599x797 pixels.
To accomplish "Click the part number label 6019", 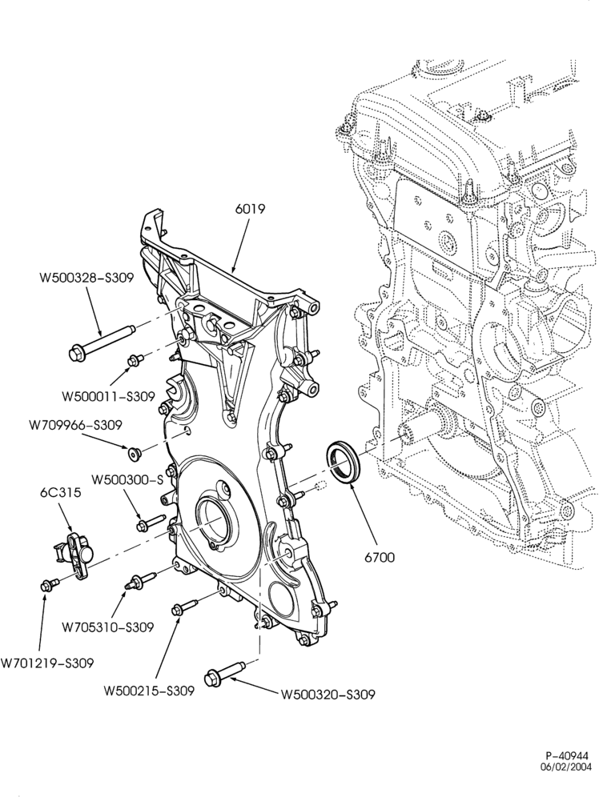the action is [x=250, y=208].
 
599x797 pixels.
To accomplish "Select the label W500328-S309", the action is [x=86, y=278].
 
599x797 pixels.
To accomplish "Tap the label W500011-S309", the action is [x=108, y=396].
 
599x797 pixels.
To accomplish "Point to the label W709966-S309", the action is [x=75, y=425].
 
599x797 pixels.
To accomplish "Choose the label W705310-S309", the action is [x=108, y=627].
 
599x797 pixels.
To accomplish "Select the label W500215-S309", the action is [x=149, y=691].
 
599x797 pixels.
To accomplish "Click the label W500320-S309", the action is [x=328, y=695].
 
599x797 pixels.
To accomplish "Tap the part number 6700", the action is [x=380, y=557].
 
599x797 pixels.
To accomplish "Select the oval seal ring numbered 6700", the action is [x=344, y=462].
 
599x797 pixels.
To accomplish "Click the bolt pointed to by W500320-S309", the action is [x=224, y=672].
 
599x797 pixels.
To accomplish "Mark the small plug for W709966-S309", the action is [x=135, y=453].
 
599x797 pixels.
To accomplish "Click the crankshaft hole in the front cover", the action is [x=211, y=516].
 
